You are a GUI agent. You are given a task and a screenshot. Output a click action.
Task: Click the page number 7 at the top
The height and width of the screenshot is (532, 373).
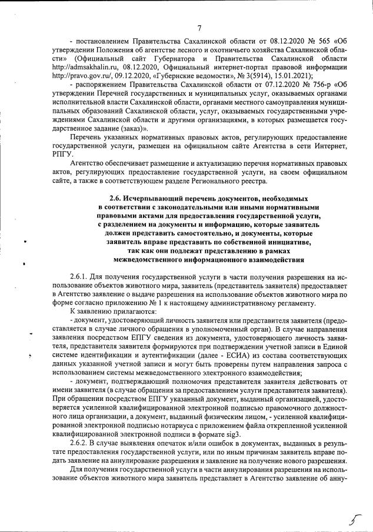coord(199,28)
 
